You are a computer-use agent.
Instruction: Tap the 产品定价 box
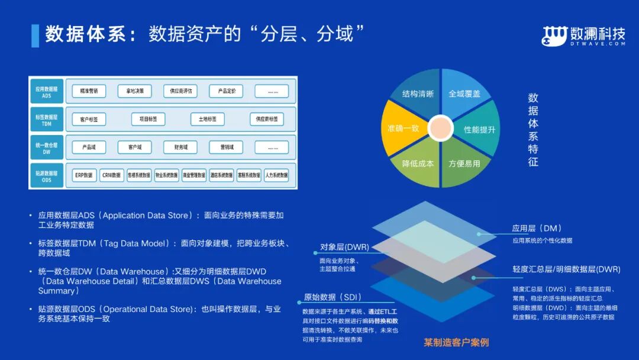pos(226,91)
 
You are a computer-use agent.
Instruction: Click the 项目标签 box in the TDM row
pos(148,119)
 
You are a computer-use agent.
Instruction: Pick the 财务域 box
pos(180,147)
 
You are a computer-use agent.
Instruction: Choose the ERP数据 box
pos(83,175)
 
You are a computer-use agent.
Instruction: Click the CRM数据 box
pos(111,175)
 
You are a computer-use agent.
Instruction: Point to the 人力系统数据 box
pos(276,175)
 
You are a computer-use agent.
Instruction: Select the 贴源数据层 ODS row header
pos(47,175)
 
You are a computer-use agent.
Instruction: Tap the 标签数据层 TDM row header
pos(47,120)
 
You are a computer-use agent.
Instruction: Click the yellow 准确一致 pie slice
pos(404,128)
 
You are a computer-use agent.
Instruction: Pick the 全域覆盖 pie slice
pos(464,94)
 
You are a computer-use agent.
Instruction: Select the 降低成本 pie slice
pos(418,163)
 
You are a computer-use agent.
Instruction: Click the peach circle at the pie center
pos(440,128)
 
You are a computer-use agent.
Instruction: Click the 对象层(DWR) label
pos(344,247)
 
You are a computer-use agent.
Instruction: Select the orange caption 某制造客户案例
pos(456,342)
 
